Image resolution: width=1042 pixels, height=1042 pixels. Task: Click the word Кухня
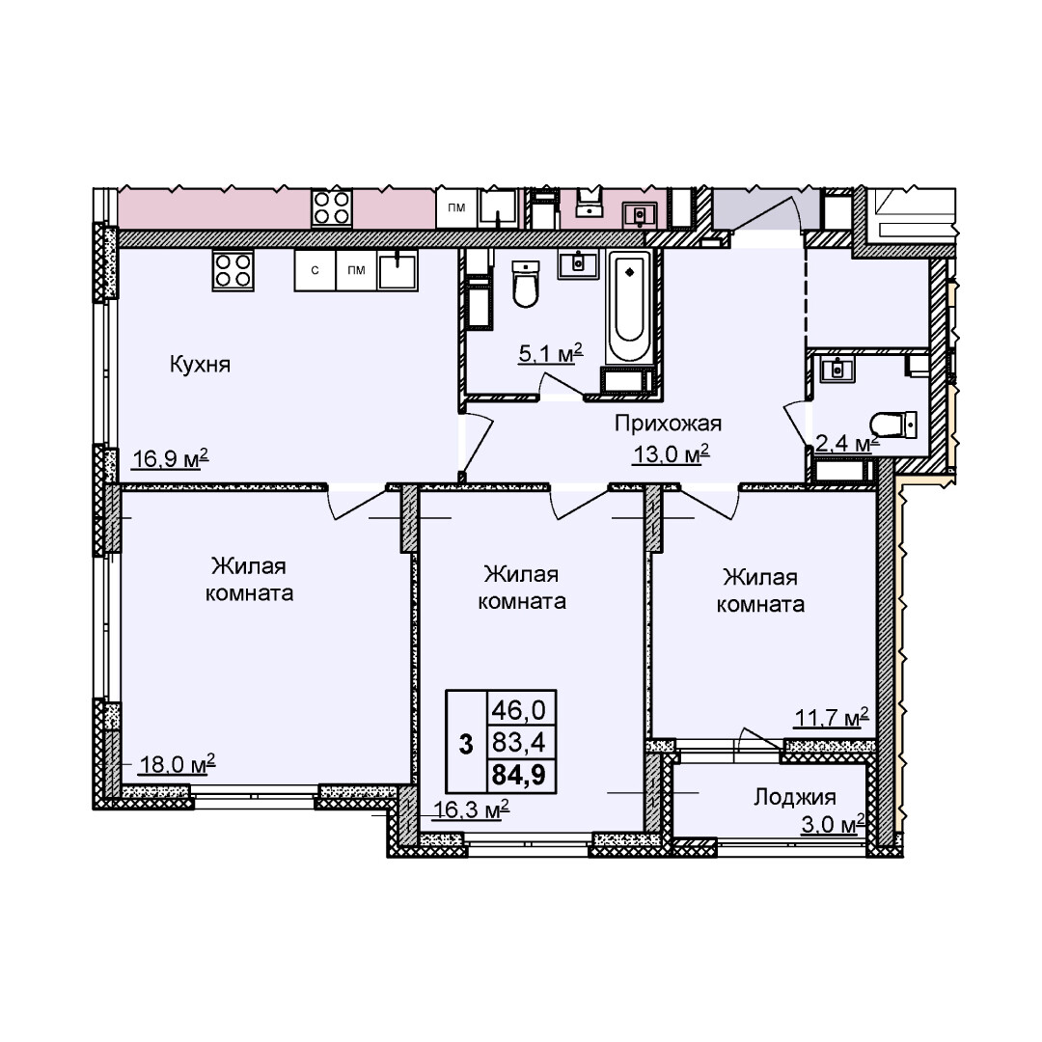200,364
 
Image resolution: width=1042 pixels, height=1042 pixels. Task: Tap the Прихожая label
668,424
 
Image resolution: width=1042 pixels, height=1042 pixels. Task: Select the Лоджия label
794,797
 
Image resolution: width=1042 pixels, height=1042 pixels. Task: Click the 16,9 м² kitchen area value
170,458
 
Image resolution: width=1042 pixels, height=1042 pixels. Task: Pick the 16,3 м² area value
471,809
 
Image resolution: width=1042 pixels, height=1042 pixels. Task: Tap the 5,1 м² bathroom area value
550,353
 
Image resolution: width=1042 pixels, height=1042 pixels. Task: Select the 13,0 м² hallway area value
672,454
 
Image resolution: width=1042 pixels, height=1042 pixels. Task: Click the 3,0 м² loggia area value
833,825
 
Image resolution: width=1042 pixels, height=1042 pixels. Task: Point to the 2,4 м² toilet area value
847,443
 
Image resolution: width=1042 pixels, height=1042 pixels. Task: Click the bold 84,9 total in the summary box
518,774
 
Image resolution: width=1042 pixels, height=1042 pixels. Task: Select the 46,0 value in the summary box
518,710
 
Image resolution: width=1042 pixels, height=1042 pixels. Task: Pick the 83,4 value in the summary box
518,742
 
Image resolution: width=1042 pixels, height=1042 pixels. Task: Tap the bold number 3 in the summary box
467,744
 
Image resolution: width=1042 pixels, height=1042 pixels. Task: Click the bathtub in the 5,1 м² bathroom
629,307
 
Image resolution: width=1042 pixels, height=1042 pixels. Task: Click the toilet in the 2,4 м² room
893,425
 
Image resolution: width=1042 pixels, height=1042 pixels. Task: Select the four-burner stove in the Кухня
233,270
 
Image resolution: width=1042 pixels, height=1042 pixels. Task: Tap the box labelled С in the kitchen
315,270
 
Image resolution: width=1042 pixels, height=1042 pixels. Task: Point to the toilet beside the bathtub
526,284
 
